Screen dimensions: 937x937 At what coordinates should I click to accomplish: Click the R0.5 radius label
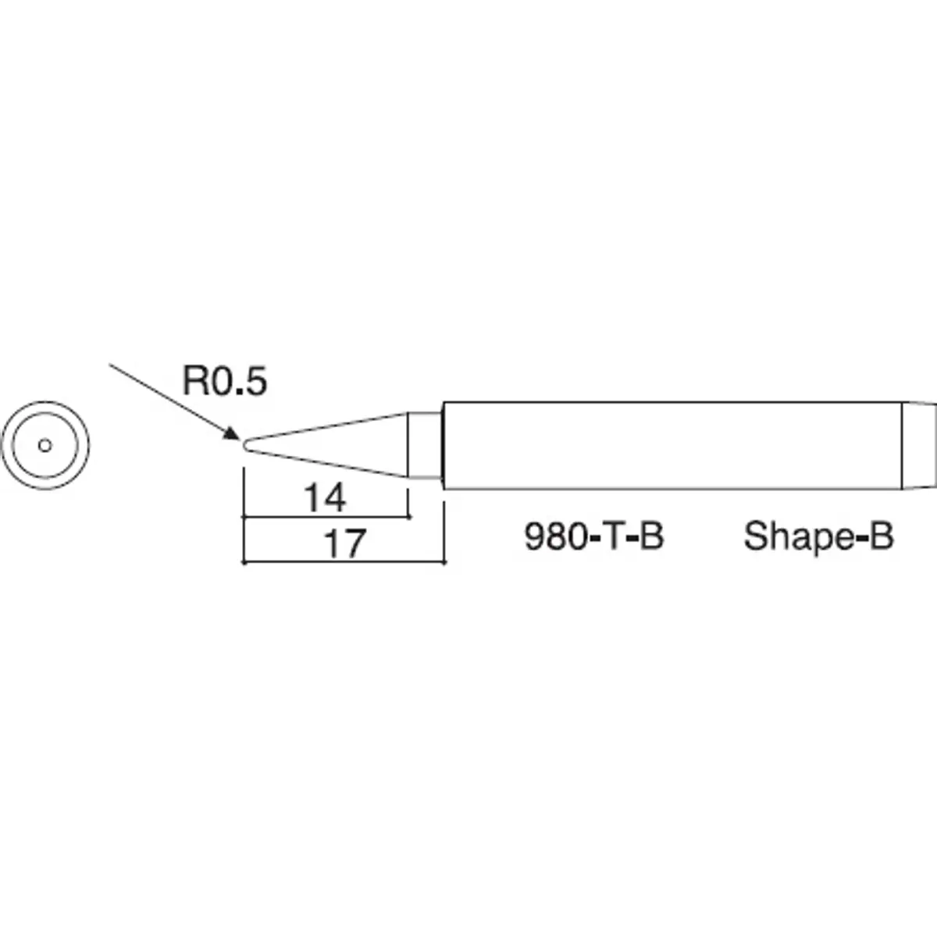[225, 382]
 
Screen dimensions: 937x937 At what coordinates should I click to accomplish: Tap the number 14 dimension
[325, 498]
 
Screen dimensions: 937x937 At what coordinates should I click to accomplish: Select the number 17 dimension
[344, 543]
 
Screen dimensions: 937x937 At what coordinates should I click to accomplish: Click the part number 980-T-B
[593, 537]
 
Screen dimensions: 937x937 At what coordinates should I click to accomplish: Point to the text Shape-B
[818, 537]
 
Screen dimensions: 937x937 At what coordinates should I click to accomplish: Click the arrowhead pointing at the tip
[232, 435]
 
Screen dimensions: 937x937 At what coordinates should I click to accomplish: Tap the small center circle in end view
[45, 445]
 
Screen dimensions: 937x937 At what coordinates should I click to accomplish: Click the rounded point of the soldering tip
[246, 446]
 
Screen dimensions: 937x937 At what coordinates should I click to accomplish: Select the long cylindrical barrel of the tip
[672, 445]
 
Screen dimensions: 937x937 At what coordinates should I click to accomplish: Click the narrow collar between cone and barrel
[425, 445]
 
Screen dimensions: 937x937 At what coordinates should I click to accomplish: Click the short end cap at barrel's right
[919, 445]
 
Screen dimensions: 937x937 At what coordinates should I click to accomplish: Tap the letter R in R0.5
[193, 382]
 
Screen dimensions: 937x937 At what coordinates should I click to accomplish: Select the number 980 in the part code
[554, 537]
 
